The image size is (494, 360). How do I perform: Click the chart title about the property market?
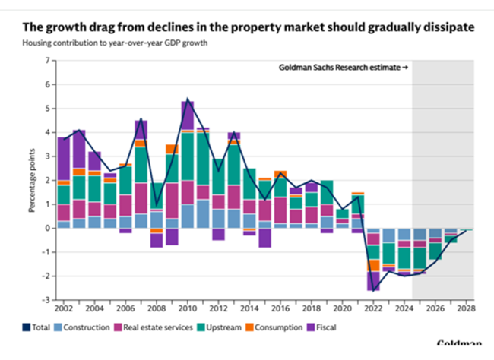[x=248, y=27]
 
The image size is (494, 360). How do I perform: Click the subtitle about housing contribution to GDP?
[x=116, y=43]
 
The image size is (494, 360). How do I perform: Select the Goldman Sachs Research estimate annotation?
[x=344, y=68]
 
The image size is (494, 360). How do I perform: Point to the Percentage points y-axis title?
[x=33, y=180]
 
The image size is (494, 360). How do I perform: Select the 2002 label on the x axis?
[x=63, y=309]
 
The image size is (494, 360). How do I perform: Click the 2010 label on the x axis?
[x=187, y=309]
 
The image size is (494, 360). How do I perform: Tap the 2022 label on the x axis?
[x=373, y=309]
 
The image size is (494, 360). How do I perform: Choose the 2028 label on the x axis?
[x=466, y=309]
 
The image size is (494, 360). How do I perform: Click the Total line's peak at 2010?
[x=187, y=99]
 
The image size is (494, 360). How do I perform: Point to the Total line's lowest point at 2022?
[x=373, y=290]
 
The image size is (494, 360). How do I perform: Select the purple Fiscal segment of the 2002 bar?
[x=63, y=158]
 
